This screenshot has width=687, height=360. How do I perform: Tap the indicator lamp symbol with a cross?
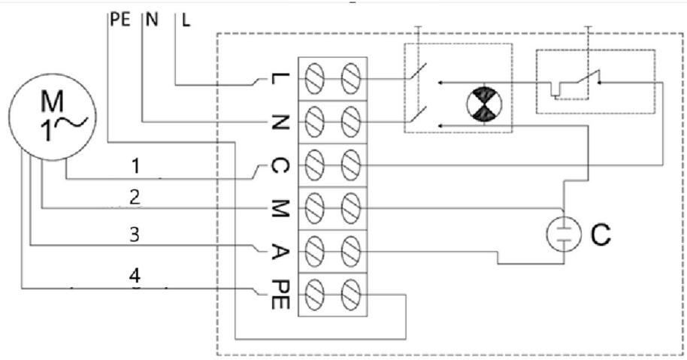click(x=484, y=104)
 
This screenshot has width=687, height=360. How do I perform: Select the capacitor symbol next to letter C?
click(x=564, y=234)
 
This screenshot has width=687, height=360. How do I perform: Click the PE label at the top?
click(x=120, y=20)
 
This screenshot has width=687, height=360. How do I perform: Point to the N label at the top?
click(x=152, y=20)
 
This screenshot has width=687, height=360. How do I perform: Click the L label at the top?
click(x=186, y=20)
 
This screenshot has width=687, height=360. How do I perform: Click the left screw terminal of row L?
click(x=314, y=79)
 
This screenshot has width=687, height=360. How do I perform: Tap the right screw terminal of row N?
click(x=351, y=122)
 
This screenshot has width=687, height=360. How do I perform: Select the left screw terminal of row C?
click(x=314, y=165)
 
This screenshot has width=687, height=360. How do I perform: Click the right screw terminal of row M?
click(x=351, y=207)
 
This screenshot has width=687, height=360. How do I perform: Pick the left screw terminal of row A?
click(x=314, y=251)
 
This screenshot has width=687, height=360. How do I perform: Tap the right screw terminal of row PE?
click(x=351, y=295)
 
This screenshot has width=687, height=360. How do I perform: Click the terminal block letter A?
click(x=280, y=252)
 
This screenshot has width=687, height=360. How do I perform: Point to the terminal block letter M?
click(x=280, y=208)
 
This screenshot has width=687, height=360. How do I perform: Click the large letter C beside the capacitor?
click(x=601, y=234)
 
